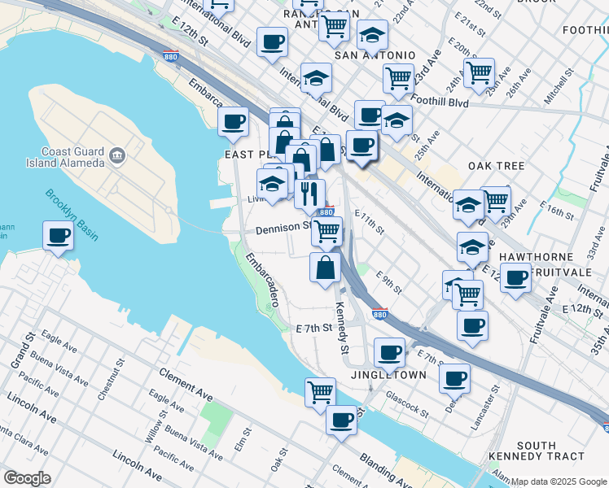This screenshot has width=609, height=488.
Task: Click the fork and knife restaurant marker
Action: [309, 193]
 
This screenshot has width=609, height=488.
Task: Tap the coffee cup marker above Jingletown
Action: [390, 352]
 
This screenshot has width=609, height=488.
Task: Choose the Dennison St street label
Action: [283, 229]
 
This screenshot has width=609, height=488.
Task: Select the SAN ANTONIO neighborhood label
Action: [375, 54]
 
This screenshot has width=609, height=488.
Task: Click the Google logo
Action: [27, 478]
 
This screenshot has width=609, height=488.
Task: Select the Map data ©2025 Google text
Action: [559, 481]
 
